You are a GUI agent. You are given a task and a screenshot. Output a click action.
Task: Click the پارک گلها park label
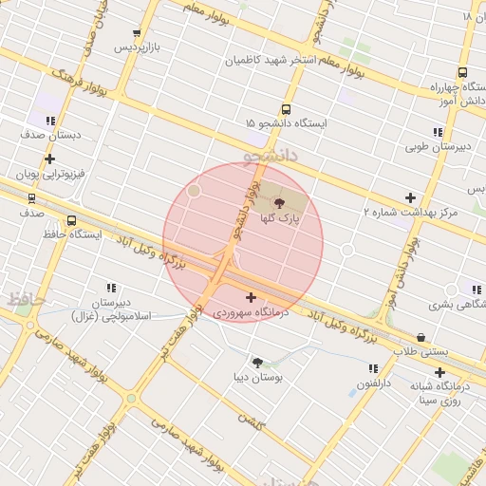281,218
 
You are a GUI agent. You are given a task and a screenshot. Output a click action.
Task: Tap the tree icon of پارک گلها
278,202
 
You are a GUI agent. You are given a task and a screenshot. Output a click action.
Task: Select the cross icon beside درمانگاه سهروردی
251,298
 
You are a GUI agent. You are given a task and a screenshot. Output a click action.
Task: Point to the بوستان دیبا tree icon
256,362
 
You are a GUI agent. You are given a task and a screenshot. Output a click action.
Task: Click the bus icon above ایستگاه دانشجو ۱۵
286,109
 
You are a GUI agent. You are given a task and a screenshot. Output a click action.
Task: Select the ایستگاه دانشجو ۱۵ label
286,124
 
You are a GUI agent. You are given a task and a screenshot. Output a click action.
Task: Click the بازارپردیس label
139,47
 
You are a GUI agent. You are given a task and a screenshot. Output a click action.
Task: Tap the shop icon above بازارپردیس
137,33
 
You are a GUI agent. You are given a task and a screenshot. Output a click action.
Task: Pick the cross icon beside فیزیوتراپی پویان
49,159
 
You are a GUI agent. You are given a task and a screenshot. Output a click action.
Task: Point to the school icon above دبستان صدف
50,121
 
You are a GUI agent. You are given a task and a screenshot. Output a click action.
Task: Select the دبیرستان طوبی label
439,147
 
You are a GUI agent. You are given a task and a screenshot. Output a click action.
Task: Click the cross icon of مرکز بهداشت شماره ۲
410,197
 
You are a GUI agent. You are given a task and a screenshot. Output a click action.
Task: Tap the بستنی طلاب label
421,352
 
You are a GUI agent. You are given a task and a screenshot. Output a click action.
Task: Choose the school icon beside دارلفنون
373,368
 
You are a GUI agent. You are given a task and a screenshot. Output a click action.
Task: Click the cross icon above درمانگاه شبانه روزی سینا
439,372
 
